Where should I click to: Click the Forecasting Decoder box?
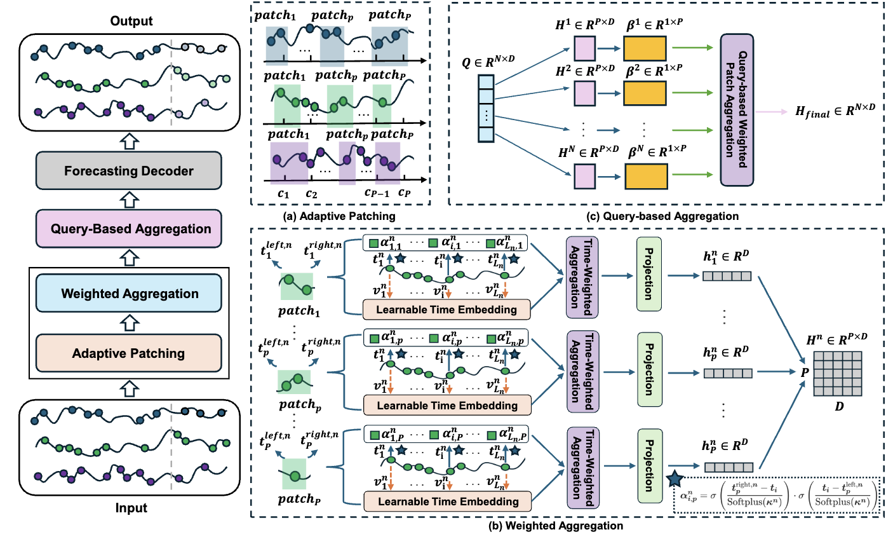pyautogui.click(x=129, y=171)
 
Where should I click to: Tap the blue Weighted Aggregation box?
pyautogui.click(x=129, y=294)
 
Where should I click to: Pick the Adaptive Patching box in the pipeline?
pyautogui.click(x=129, y=353)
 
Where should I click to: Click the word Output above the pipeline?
pyautogui.click(x=131, y=21)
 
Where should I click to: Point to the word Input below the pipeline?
pyautogui.click(x=131, y=508)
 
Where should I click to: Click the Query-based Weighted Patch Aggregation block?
pyautogui.click(x=737, y=109)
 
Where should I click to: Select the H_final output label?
pyautogui.click(x=835, y=111)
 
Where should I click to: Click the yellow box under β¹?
pyautogui.click(x=645, y=48)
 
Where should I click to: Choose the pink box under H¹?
pyautogui.click(x=584, y=48)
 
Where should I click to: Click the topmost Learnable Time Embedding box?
pyautogui.click(x=446, y=310)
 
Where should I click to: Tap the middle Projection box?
pyautogui.click(x=649, y=370)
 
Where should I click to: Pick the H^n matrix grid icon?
pyautogui.click(x=840, y=374)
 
